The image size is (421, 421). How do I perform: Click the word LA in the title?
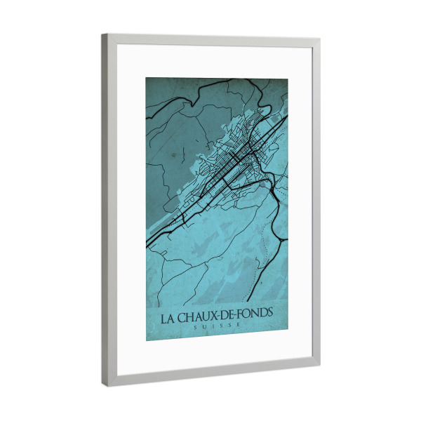tap(169, 317)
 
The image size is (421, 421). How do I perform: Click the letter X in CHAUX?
tap(218, 316)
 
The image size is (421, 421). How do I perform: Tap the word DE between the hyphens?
tap(229, 316)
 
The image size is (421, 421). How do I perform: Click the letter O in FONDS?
tap(247, 315)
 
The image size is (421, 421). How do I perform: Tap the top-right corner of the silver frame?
tap(319, 39)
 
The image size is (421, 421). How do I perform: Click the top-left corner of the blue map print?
tap(147, 77)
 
